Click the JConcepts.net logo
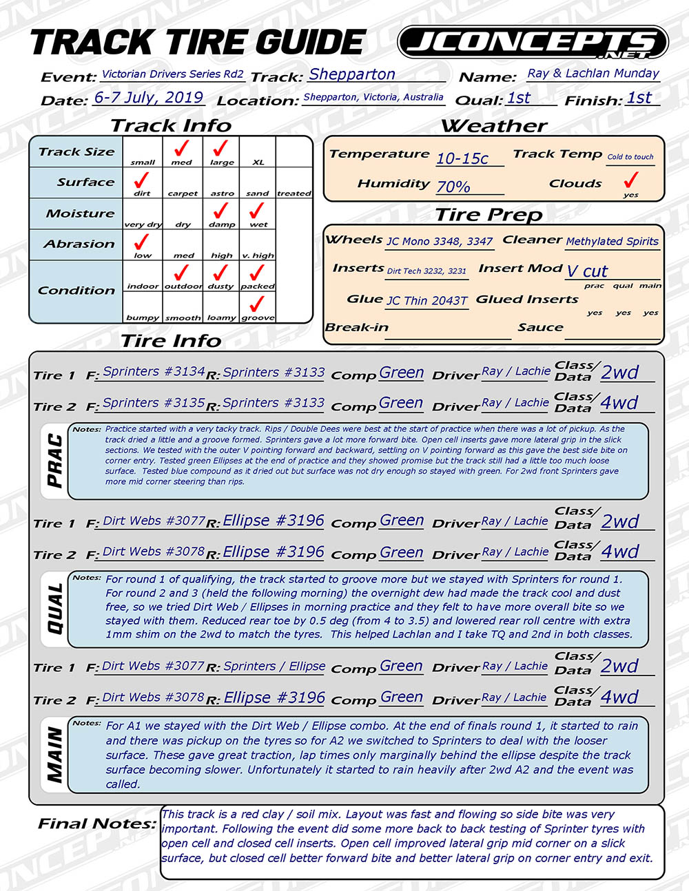pyautogui.click(x=533, y=43)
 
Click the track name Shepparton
pyautogui.click(x=351, y=74)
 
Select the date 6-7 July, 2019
pyautogui.click(x=149, y=97)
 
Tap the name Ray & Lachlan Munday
pyautogui.click(x=593, y=73)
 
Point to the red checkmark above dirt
pyautogui.click(x=142, y=180)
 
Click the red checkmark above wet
pyautogui.click(x=257, y=211)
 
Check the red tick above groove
pyautogui.click(x=257, y=304)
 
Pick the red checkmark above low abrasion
pyautogui.click(x=142, y=242)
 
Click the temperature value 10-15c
pyautogui.click(x=462, y=158)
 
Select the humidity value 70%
pyautogui.click(x=453, y=187)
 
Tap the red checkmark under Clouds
pyautogui.click(x=630, y=180)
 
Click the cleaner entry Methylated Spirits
pyautogui.click(x=612, y=242)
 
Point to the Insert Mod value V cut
pyautogui.click(x=587, y=271)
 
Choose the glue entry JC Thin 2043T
pyautogui.click(x=426, y=301)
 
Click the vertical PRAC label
pyautogui.click(x=55, y=461)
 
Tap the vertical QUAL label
pyautogui.click(x=55, y=609)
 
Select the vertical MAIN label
pyautogui.click(x=55, y=756)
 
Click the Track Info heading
pyautogui.click(x=171, y=126)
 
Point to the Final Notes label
pyautogui.click(x=96, y=824)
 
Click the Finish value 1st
pyautogui.click(x=639, y=98)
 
